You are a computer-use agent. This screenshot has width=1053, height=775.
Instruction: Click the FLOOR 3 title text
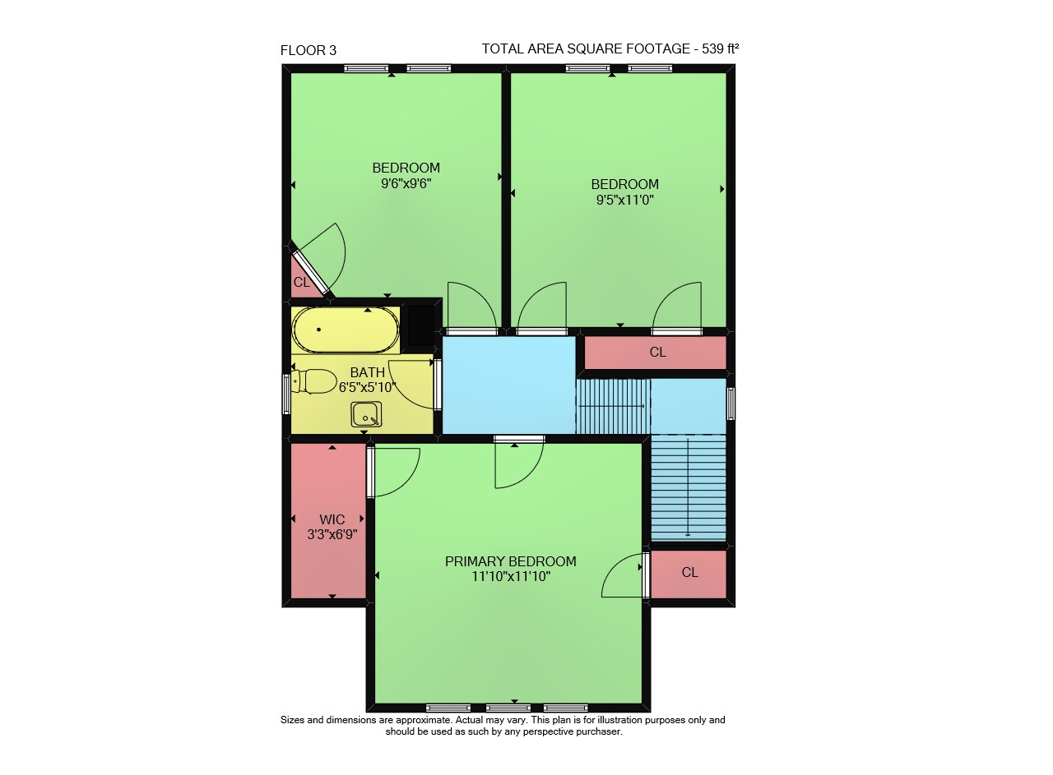click(x=308, y=50)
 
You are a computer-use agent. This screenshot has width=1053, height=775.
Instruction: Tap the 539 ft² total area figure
click(x=720, y=48)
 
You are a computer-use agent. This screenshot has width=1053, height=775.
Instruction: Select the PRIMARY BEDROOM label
click(x=511, y=561)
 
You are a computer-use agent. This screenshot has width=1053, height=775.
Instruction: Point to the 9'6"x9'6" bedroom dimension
click(x=406, y=183)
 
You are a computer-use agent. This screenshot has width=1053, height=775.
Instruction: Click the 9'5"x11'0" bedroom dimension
click(x=624, y=200)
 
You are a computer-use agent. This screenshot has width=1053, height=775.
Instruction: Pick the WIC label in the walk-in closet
click(x=332, y=519)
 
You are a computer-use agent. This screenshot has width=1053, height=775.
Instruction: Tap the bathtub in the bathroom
click(x=346, y=330)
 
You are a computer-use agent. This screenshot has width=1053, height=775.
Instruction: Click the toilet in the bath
click(x=313, y=381)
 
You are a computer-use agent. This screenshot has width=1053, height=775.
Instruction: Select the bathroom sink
click(x=366, y=414)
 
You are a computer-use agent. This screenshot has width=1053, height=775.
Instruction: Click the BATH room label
click(x=368, y=372)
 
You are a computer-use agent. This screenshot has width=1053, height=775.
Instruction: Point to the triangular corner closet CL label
click(x=302, y=282)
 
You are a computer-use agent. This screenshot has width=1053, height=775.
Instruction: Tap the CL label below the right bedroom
click(x=657, y=352)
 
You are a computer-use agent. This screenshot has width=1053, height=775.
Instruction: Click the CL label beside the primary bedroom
click(x=689, y=572)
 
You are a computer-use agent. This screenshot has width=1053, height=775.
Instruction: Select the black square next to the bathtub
click(x=421, y=325)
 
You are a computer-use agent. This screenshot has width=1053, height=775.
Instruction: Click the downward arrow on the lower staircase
click(x=688, y=487)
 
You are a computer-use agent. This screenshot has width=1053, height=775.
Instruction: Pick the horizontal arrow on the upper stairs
click(x=611, y=406)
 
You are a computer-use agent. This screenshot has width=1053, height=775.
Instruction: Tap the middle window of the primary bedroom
click(x=508, y=708)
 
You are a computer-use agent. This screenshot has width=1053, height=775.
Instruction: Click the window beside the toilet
click(x=286, y=394)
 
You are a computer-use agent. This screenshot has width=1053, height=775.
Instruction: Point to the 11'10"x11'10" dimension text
click(x=511, y=576)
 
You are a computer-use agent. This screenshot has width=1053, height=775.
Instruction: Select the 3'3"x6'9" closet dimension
click(x=332, y=534)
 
